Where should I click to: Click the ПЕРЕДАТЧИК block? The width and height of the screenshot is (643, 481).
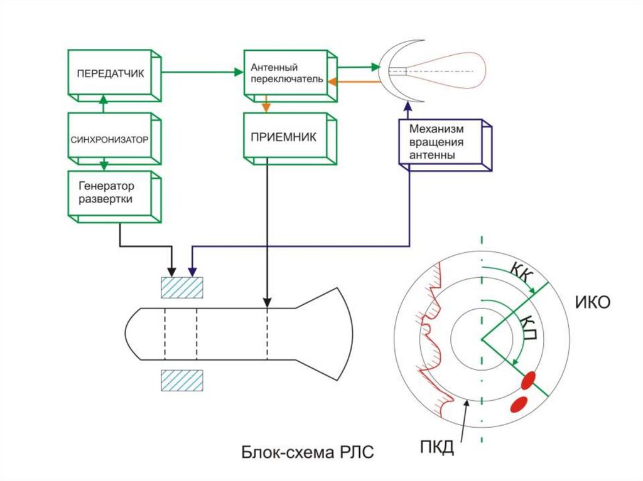click(x=111, y=73)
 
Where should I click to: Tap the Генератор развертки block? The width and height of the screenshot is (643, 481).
click(x=111, y=193)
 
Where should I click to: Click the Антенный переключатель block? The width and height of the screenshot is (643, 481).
click(x=286, y=73)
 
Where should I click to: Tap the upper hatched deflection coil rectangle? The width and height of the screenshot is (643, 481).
click(x=182, y=287)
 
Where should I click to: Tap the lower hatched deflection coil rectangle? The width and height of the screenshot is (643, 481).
click(x=182, y=380)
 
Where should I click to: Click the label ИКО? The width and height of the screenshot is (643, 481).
click(x=593, y=303)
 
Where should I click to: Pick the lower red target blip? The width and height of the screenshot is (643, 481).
click(x=519, y=403)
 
